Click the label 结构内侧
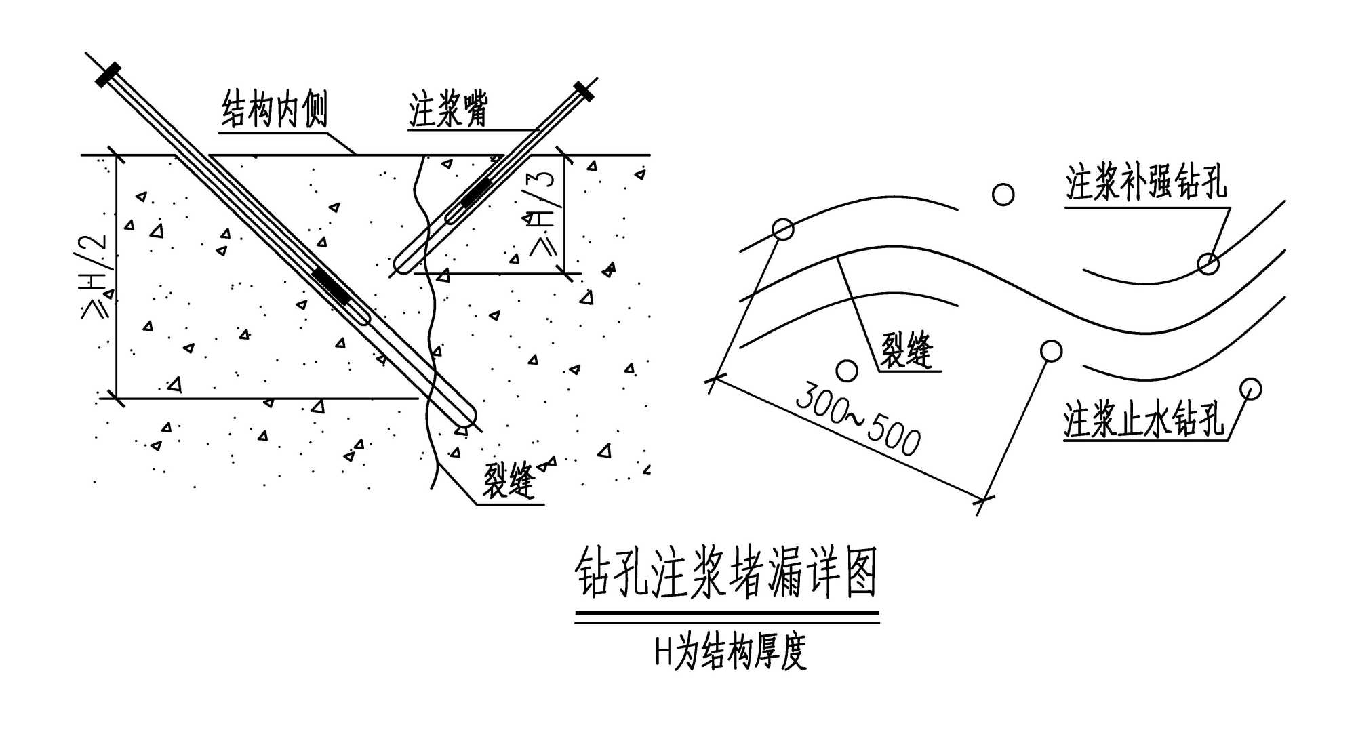275,109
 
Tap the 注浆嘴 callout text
448,109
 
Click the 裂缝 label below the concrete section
509,480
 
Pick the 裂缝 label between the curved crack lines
906,349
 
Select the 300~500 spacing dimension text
858,418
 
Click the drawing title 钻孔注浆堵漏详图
726,573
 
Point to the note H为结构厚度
730,652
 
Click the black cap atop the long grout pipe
108,75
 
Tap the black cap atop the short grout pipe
584,91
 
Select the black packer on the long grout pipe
331,286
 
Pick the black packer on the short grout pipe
477,192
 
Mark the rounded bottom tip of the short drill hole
403,265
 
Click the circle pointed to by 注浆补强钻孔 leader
1208,263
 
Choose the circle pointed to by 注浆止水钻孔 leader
1250,388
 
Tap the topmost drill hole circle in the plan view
1003,195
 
